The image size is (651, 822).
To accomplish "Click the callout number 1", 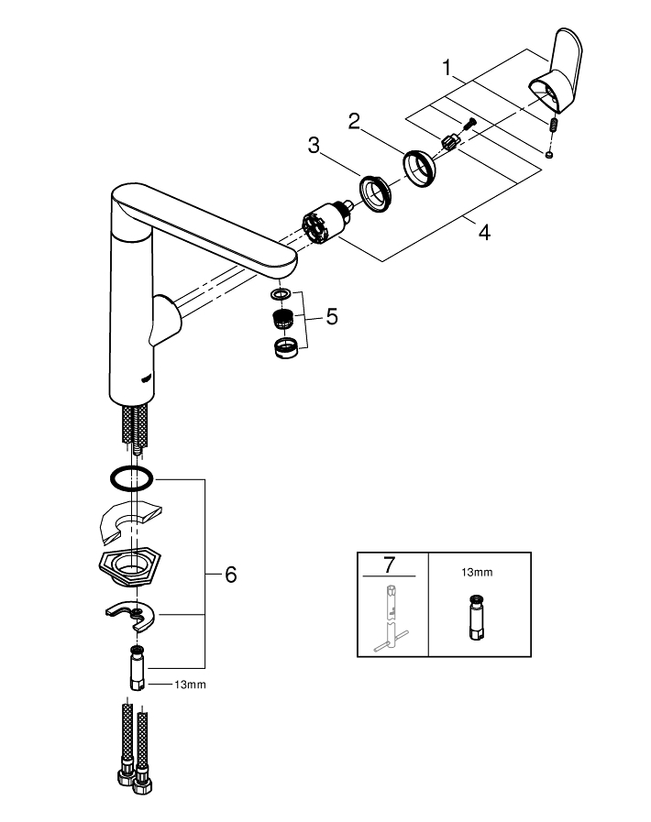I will (447, 67).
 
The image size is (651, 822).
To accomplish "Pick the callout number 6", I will (230, 575).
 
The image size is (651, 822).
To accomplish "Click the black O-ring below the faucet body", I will (130, 478).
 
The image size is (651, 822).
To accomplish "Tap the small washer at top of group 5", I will (281, 295).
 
